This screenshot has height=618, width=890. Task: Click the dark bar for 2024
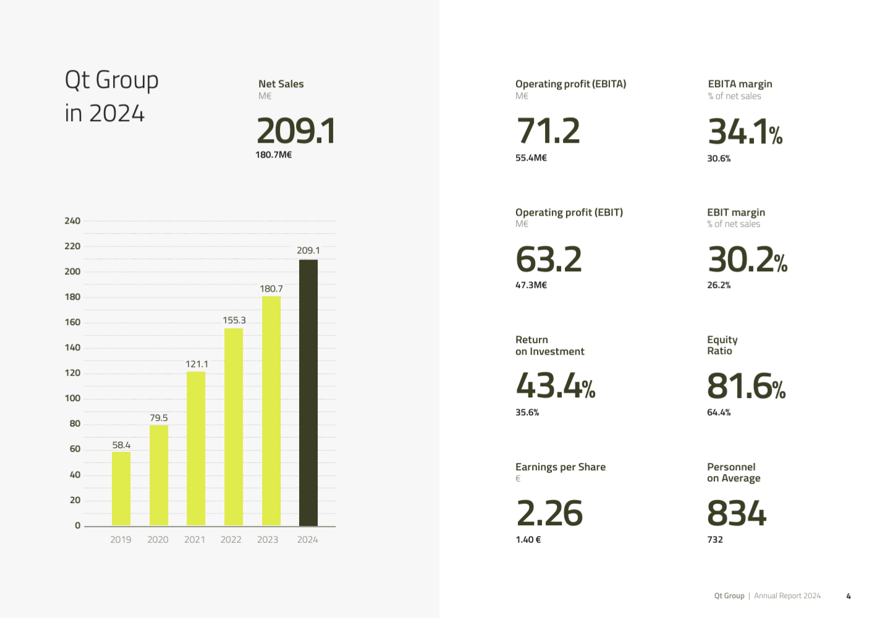[308, 393]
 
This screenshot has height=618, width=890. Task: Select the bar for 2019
[121, 489]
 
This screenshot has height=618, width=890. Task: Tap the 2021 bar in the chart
[196, 449]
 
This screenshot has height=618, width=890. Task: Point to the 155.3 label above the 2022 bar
[234, 320]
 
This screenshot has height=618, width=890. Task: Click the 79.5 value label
[158, 418]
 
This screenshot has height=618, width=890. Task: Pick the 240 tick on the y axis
[72, 221]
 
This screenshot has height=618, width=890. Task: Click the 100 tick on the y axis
[72, 399]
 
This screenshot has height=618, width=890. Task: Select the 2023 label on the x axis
[268, 540]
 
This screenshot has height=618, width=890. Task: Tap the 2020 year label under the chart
[158, 540]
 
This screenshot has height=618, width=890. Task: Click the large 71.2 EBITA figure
[548, 130]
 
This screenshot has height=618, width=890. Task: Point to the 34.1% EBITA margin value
[745, 132]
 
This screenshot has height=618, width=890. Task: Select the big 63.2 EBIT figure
[549, 259]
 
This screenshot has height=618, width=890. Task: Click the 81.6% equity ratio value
[746, 386]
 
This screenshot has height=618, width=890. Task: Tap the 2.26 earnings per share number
[549, 513]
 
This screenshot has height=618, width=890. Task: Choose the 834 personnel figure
[736, 513]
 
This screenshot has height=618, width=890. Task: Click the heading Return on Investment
[549, 345]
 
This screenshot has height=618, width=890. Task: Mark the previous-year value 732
[714, 540]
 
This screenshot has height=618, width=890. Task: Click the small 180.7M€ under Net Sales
[273, 155]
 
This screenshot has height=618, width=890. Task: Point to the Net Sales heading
[281, 84]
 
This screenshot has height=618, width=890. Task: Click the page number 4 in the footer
[849, 596]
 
